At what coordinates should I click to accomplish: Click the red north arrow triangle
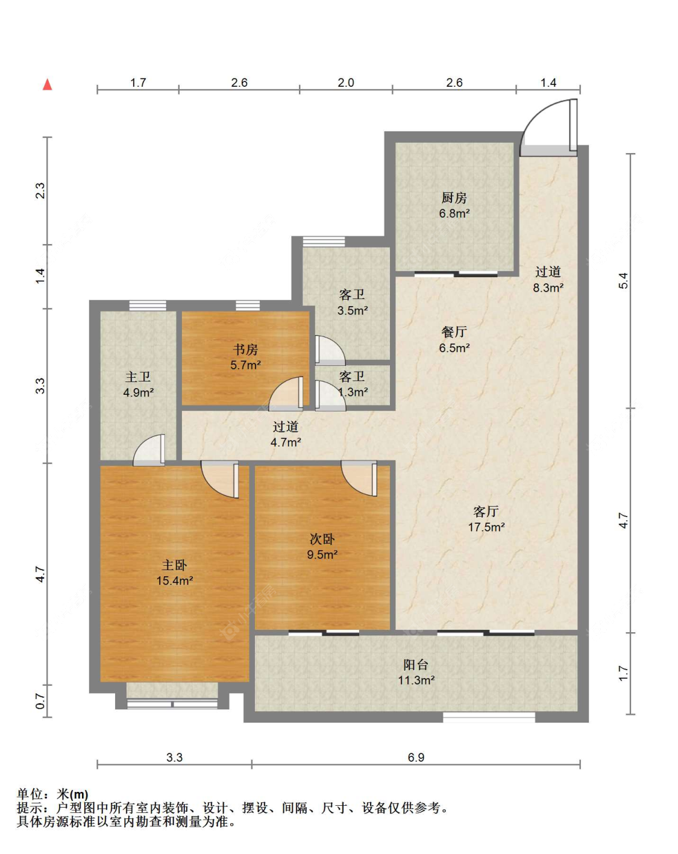(48, 84)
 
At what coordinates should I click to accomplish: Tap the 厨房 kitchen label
(454, 197)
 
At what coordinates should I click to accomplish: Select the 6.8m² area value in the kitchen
(454, 213)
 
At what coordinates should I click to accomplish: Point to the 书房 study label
(245, 349)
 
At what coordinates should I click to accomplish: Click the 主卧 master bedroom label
(174, 565)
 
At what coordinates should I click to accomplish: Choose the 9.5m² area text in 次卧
(322, 554)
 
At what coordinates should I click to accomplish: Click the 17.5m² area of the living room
(486, 527)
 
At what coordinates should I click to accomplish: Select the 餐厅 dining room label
(454, 331)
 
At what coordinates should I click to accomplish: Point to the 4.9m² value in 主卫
(138, 392)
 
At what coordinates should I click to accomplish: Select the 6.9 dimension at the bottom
(416, 758)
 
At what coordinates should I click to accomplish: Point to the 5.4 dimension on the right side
(624, 281)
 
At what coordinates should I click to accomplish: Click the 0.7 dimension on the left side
(40, 701)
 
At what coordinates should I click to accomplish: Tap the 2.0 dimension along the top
(346, 83)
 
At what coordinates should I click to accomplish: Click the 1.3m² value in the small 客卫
(353, 392)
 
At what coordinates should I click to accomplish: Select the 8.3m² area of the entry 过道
(548, 287)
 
